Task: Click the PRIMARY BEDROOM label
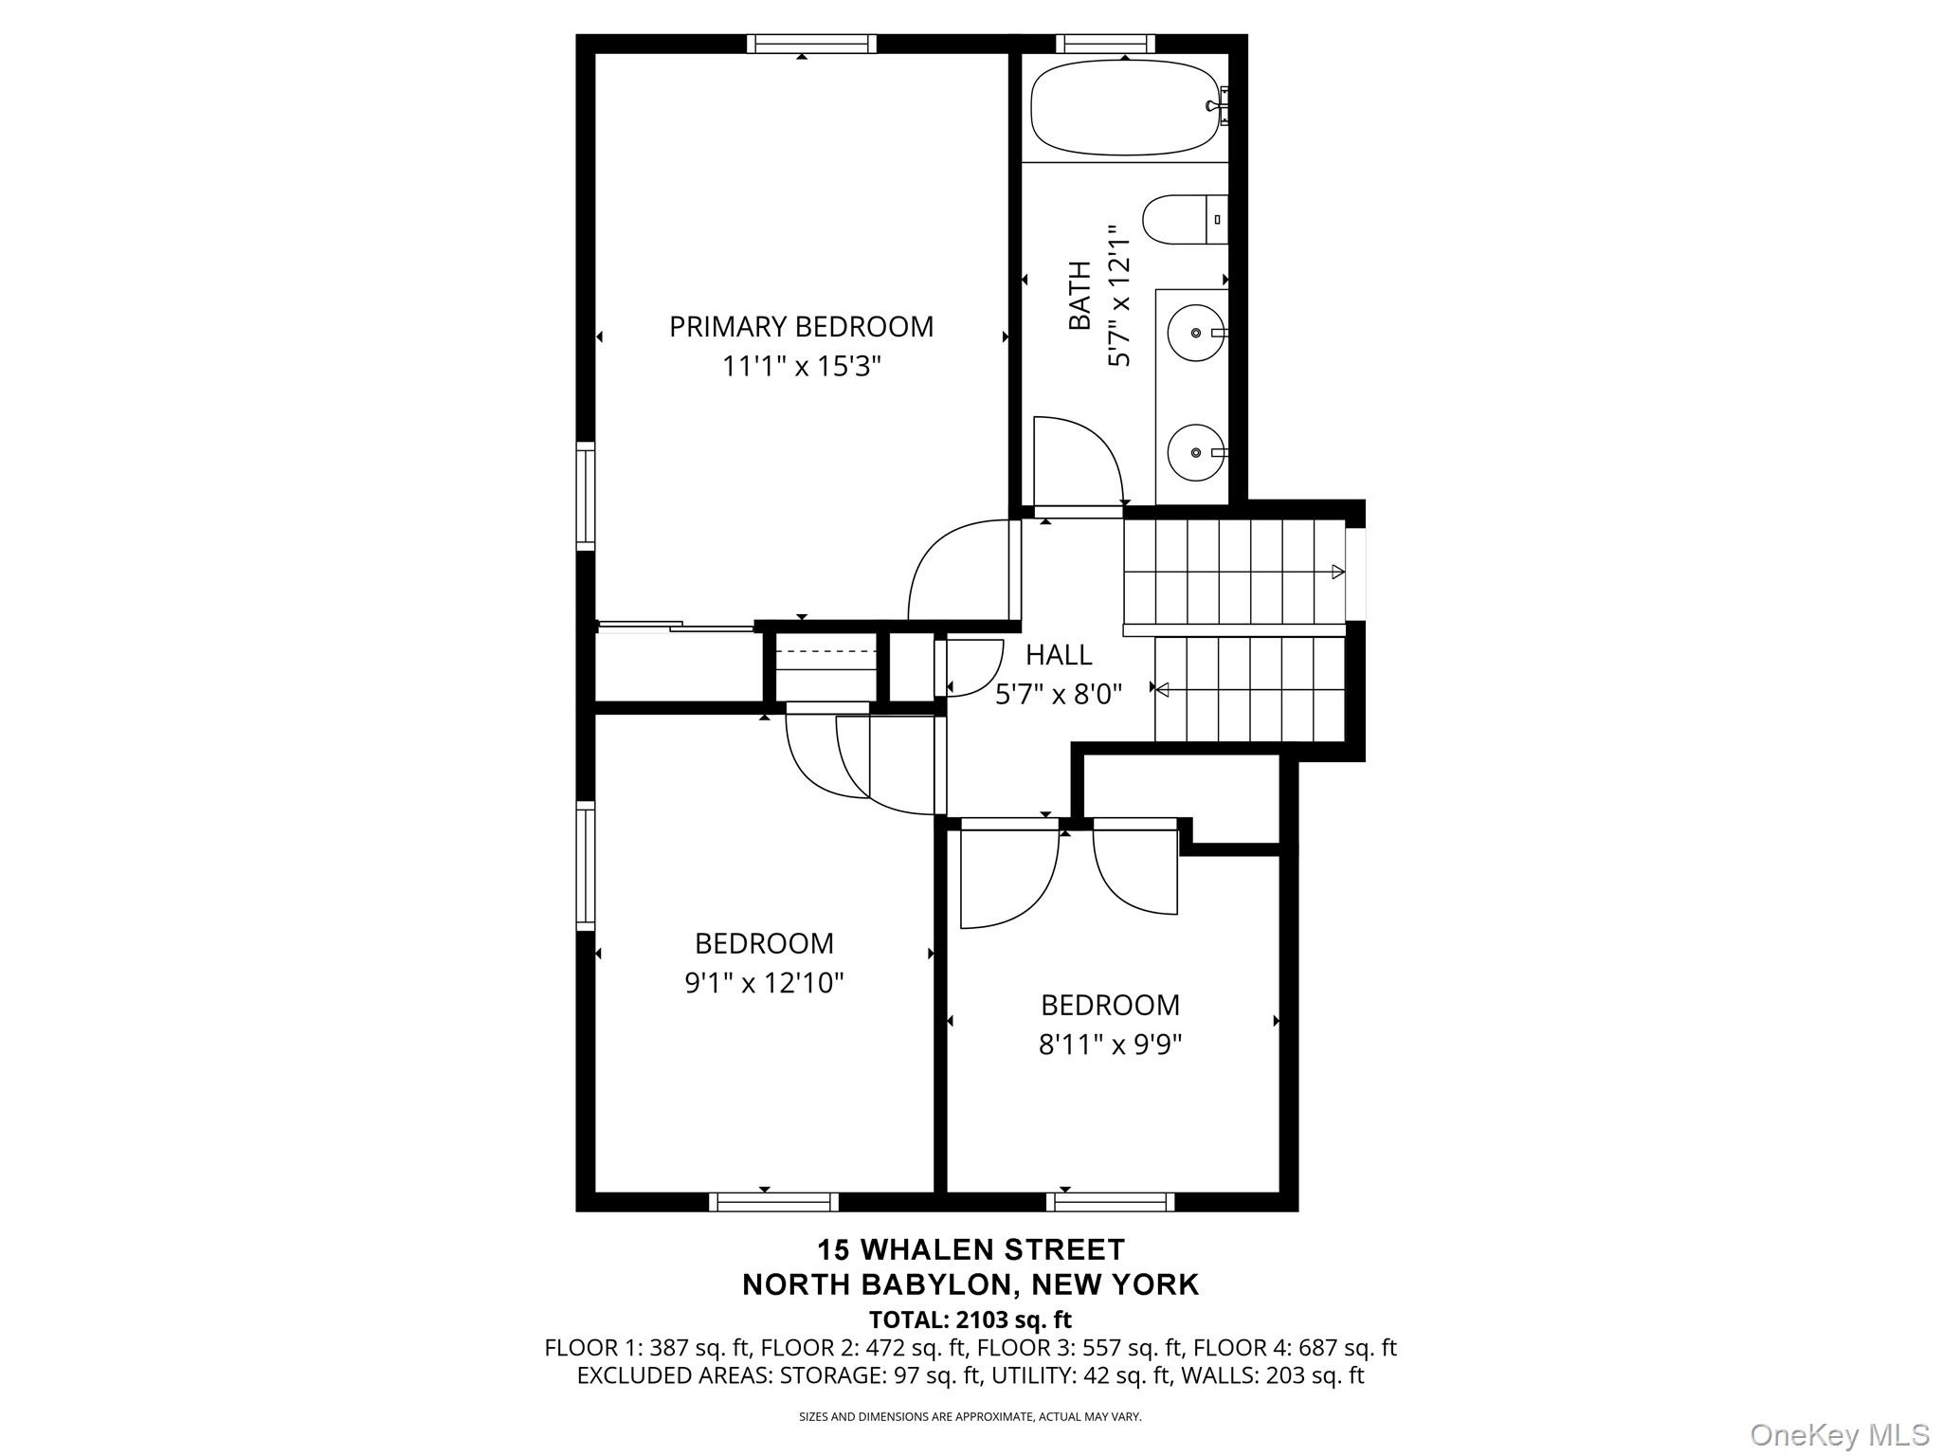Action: tap(801, 327)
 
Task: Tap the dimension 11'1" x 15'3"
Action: tap(801, 366)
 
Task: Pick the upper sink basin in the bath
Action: tap(1196, 333)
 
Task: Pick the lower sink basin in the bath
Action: tap(1196, 453)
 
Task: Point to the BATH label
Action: tap(1079, 296)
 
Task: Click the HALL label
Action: tap(1059, 654)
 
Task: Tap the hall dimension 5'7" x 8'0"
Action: tap(1059, 695)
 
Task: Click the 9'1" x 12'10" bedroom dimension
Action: tap(764, 983)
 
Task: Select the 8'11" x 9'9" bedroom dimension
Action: tap(1110, 1045)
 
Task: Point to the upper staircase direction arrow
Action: tap(1337, 572)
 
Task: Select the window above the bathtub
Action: tap(1105, 43)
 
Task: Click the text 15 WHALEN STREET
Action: tap(970, 1248)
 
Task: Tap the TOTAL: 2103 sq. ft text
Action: tap(970, 1319)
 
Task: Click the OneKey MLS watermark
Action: tap(1840, 1434)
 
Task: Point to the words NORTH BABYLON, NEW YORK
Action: tap(970, 1284)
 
